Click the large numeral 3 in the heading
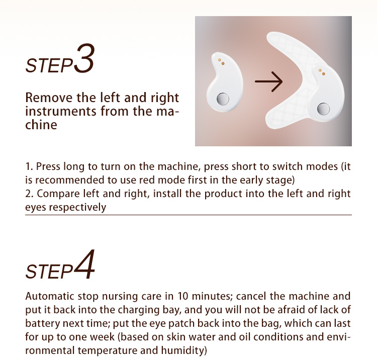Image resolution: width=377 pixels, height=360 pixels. [x=84, y=58]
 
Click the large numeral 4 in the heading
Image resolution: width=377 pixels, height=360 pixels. [x=84, y=264]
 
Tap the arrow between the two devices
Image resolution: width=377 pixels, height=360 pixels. [x=269, y=81]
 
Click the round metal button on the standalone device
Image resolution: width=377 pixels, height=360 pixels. [x=223, y=99]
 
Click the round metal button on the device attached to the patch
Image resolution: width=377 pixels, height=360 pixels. [x=323, y=109]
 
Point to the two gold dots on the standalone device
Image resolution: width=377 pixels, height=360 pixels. [x=221, y=61]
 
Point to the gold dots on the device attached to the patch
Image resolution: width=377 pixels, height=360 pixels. [x=322, y=72]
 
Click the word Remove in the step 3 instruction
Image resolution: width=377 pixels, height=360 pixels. [x=49, y=98]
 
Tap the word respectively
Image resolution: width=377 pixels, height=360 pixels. [x=77, y=207]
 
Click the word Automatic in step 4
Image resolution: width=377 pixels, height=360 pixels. [x=50, y=296]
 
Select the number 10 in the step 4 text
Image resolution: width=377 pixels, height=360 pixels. [x=183, y=296]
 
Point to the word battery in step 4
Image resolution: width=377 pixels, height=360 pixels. [x=43, y=323]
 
